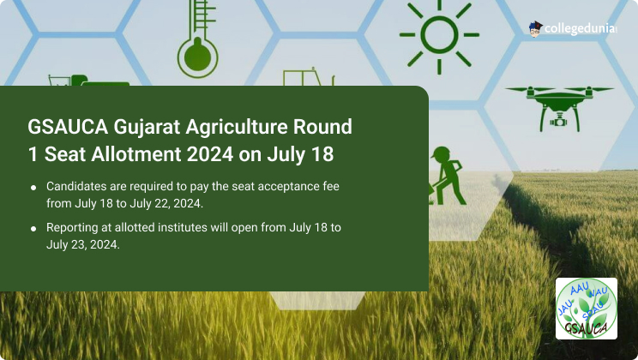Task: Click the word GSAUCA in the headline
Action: (x=68, y=127)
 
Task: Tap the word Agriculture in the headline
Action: (x=237, y=128)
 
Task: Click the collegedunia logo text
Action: (x=580, y=29)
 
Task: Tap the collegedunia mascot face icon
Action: (x=535, y=29)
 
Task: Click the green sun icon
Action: (x=439, y=35)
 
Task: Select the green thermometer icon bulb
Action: (x=198, y=57)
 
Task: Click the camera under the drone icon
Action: (x=559, y=120)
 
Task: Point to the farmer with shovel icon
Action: (x=447, y=176)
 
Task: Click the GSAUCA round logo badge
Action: (x=587, y=309)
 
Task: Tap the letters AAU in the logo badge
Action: (x=580, y=289)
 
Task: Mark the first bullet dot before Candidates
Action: (x=33, y=188)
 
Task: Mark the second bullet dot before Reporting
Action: (x=33, y=229)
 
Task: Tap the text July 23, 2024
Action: (x=83, y=244)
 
